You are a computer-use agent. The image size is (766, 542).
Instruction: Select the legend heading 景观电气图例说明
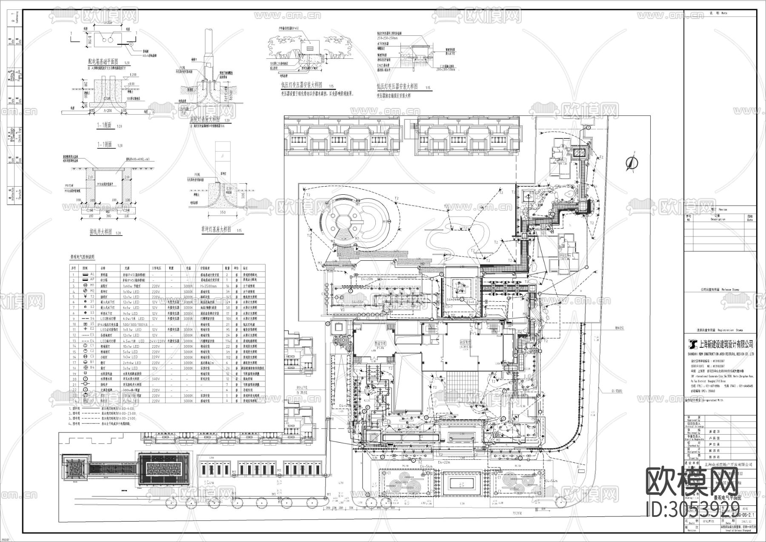(x=83, y=257)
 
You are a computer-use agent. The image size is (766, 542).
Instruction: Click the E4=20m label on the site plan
(x=367, y=278)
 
